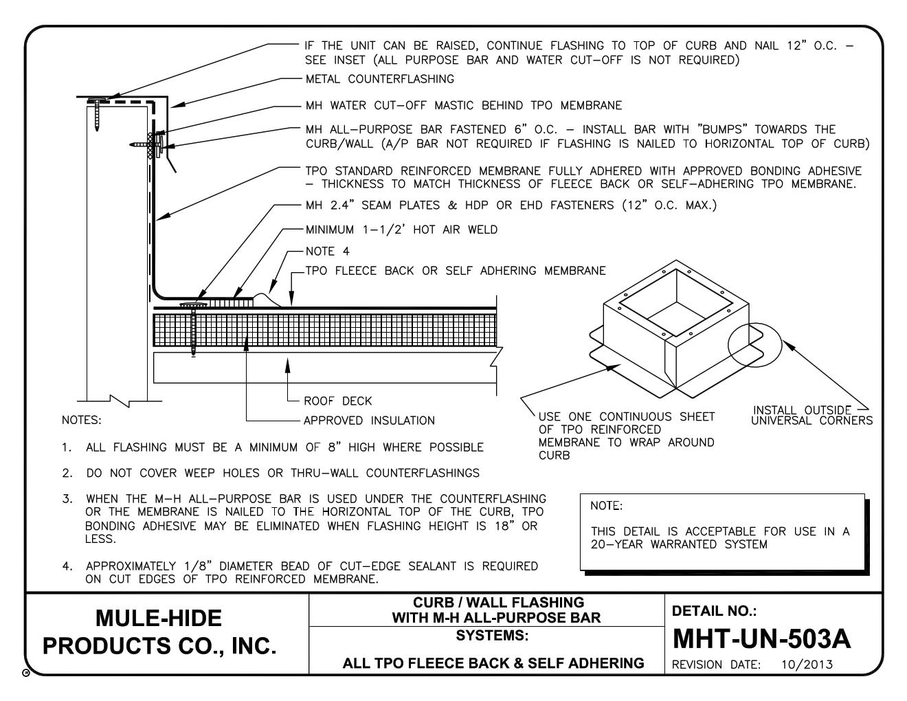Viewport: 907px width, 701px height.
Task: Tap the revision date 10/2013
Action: (x=807, y=665)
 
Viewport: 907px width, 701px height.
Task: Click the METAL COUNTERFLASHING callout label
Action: (x=379, y=79)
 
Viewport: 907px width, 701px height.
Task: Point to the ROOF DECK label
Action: (x=337, y=401)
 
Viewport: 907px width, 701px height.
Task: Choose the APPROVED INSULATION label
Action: (x=369, y=421)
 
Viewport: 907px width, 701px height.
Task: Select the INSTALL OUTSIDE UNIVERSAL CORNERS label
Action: (x=811, y=416)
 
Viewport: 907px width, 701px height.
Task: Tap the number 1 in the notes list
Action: (x=66, y=447)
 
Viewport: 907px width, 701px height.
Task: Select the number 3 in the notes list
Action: (x=66, y=498)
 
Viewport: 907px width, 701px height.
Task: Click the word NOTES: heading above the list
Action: (x=81, y=421)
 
